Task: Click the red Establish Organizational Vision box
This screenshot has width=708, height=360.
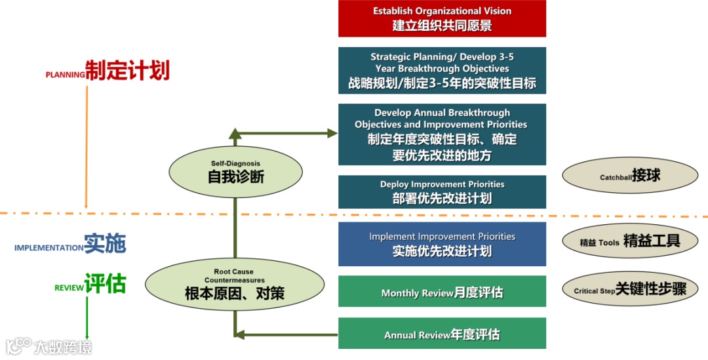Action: point(442,18)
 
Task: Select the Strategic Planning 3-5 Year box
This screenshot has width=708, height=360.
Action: point(442,71)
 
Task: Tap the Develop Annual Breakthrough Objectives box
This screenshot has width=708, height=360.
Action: point(442,134)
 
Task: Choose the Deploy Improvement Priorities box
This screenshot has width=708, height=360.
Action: point(442,191)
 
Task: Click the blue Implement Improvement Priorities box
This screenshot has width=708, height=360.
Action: point(442,244)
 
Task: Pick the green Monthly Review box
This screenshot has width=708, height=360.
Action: point(442,292)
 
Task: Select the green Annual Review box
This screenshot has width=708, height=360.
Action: point(442,334)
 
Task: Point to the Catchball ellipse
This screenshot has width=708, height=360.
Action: point(630,174)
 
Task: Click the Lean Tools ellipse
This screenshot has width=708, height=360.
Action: point(630,241)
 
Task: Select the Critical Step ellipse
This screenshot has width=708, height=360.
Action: point(630,289)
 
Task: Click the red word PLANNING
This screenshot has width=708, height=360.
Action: point(65,75)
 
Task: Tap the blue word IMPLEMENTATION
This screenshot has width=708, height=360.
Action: point(49,248)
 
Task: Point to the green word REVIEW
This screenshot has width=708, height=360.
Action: point(69,287)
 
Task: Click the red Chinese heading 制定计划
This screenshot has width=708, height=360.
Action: point(127,70)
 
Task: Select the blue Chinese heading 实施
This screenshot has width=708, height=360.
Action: point(105,243)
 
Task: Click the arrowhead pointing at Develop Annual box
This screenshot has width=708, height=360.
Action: point(332,133)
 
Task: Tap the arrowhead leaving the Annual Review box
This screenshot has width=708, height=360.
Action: point(240,335)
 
